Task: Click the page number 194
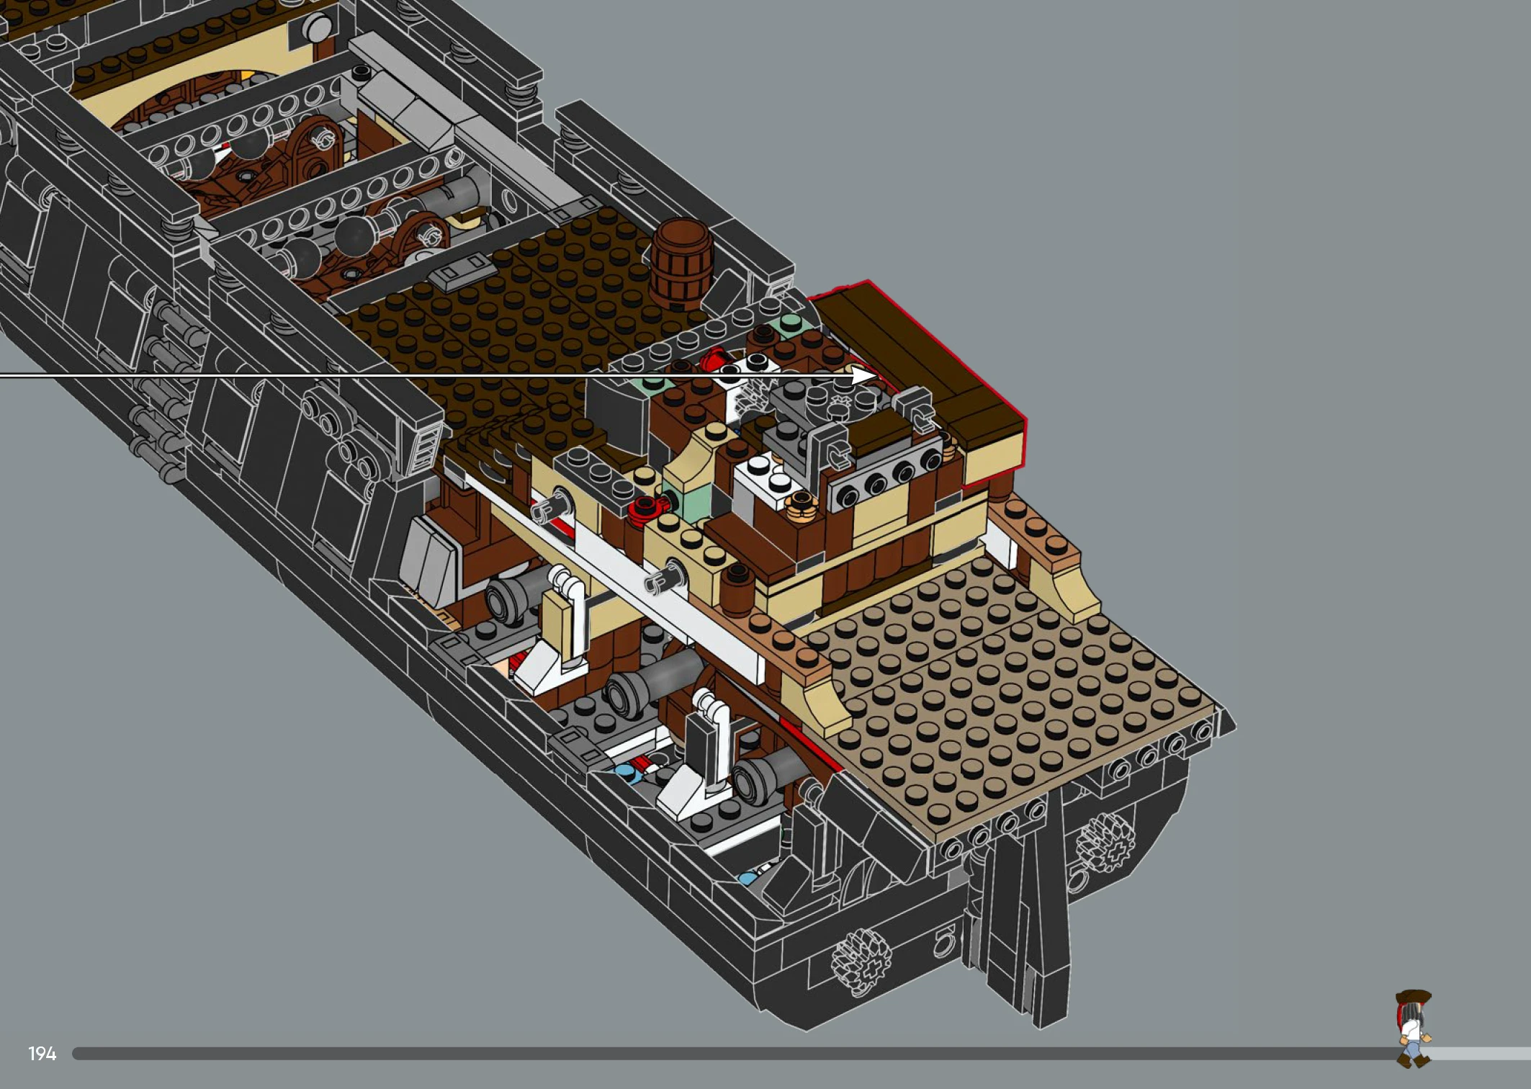click(42, 1054)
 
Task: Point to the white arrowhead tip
click(876, 375)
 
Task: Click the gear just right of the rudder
click(1105, 840)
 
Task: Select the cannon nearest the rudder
click(767, 774)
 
